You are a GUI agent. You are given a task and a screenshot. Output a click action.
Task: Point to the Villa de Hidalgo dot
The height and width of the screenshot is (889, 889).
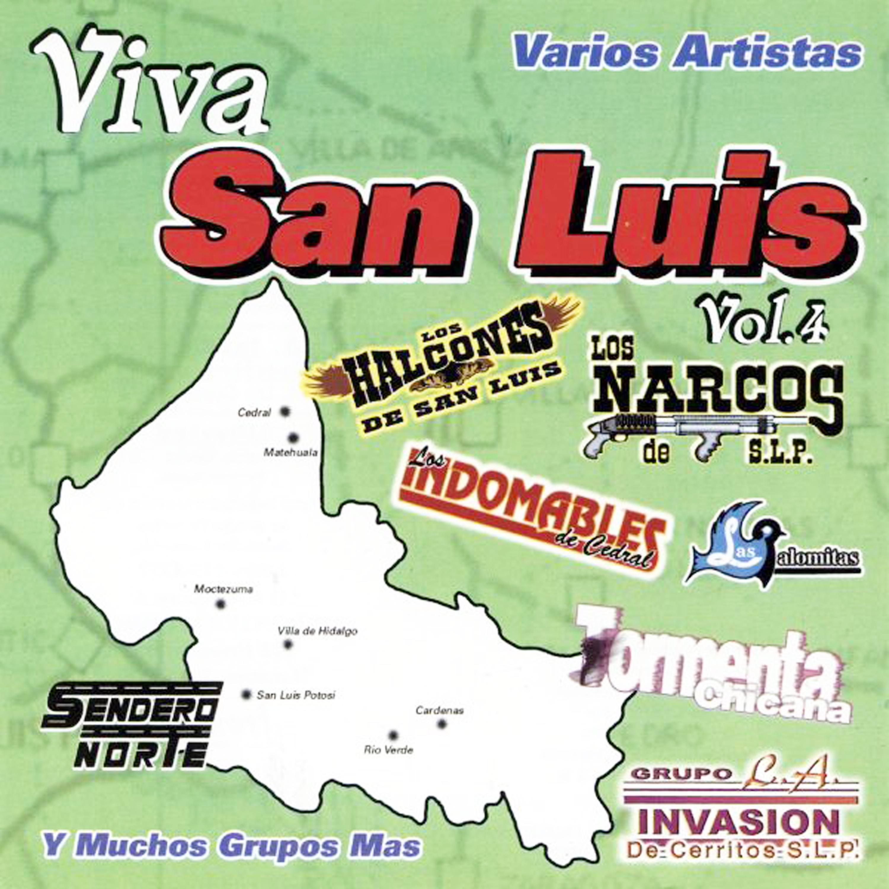tap(288, 645)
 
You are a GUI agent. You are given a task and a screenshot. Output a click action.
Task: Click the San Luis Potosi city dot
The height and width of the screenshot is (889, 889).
tap(247, 694)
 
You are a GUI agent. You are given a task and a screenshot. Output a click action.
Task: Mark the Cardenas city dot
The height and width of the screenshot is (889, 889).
tap(442, 724)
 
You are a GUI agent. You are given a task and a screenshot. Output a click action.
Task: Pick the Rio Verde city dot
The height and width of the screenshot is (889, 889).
tap(393, 735)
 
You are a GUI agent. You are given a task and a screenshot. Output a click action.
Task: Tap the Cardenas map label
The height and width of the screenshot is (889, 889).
tap(439, 711)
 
